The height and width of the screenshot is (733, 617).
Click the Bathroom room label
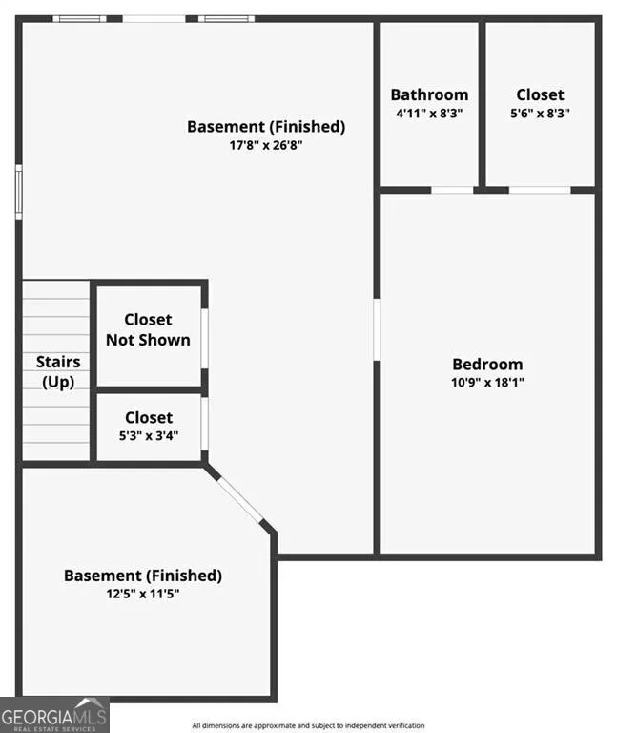pyautogui.click(x=429, y=94)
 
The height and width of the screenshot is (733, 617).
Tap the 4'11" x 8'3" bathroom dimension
pyautogui.click(x=429, y=114)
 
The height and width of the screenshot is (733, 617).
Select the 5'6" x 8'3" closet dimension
pyautogui.click(x=540, y=114)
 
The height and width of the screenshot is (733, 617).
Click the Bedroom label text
pyautogui.click(x=487, y=365)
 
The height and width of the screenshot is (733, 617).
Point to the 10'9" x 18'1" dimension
pyautogui.click(x=487, y=383)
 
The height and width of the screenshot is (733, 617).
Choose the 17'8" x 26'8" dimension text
pyautogui.click(x=266, y=145)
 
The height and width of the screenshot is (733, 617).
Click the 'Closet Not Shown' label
pyautogui.click(x=148, y=329)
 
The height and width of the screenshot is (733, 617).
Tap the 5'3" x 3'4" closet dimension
pyautogui.click(x=149, y=435)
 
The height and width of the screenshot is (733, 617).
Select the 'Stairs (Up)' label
pyautogui.click(x=58, y=372)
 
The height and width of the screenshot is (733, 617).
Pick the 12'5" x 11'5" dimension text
pyautogui.click(x=142, y=594)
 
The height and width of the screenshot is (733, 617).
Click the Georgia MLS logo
pyautogui.click(x=54, y=715)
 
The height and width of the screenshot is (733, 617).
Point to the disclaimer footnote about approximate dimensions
pyautogui.click(x=308, y=725)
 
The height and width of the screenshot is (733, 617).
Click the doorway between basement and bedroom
pyautogui.click(x=377, y=330)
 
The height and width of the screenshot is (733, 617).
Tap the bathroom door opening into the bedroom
pyautogui.click(x=452, y=190)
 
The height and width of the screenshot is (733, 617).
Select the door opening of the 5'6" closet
pyautogui.click(x=540, y=190)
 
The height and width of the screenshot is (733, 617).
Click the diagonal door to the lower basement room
pyautogui.click(x=240, y=499)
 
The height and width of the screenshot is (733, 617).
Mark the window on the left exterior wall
pyautogui.click(x=19, y=192)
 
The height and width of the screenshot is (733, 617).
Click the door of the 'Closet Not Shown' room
pyautogui.click(x=205, y=339)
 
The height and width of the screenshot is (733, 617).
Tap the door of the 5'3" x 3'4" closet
pyautogui.click(x=205, y=424)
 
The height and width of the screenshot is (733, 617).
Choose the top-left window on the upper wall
pyautogui.click(x=79, y=19)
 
